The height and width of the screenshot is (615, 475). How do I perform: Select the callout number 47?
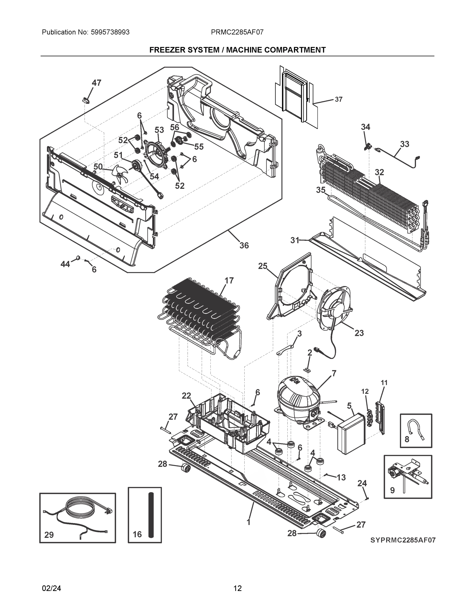click(x=97, y=83)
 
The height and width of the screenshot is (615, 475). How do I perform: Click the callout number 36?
click(x=244, y=245)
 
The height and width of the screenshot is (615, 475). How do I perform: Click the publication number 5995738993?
click(x=110, y=32)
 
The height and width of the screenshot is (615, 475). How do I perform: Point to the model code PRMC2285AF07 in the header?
click(x=237, y=32)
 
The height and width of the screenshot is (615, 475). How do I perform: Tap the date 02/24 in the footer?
click(x=51, y=588)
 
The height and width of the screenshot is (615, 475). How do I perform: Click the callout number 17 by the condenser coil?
click(x=229, y=281)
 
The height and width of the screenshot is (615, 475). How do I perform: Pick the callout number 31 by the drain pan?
click(x=295, y=240)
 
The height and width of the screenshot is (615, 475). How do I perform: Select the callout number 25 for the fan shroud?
click(x=262, y=266)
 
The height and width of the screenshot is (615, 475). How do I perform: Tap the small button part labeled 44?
click(x=78, y=258)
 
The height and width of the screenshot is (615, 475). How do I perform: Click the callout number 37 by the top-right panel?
click(x=339, y=99)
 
